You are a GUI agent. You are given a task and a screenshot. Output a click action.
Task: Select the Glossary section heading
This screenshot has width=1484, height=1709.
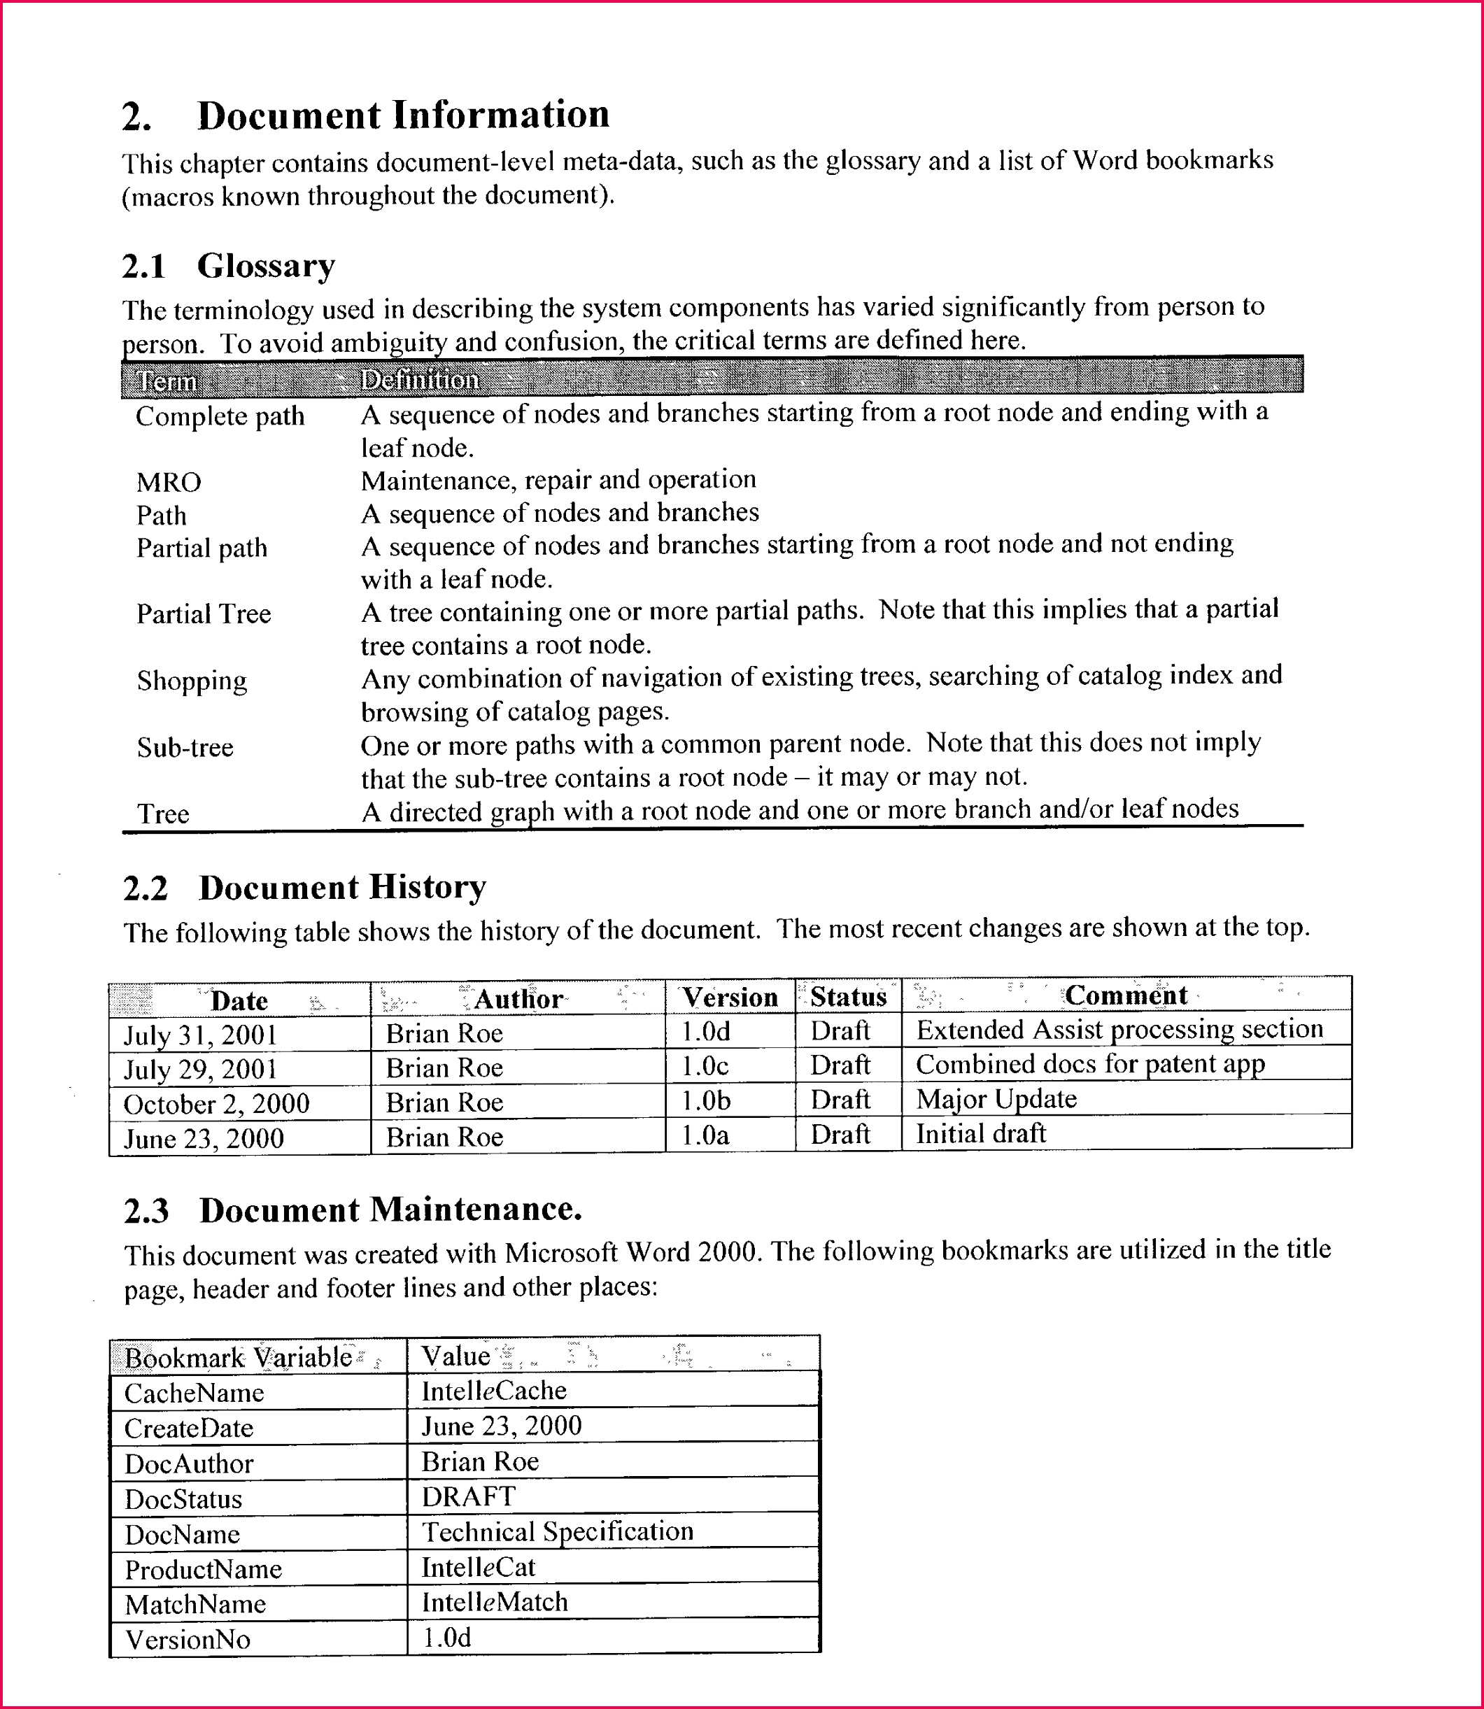coord(265,266)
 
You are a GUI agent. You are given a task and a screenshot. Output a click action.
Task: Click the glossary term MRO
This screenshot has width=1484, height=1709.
coord(169,482)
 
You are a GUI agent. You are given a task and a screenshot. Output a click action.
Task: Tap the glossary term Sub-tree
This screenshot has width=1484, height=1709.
coord(185,748)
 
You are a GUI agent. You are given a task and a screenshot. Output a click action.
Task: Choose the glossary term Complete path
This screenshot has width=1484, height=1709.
coord(220,416)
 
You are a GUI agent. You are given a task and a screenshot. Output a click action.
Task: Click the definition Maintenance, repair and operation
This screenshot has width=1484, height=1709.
coord(558,481)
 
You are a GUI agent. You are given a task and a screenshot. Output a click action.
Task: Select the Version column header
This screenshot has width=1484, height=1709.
coord(730,998)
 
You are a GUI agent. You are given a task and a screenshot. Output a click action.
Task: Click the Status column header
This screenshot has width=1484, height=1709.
coord(848,997)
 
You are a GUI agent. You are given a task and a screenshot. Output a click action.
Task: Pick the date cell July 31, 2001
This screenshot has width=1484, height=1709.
coord(200,1035)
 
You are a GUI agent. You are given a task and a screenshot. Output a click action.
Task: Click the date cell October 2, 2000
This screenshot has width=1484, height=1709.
coord(216,1104)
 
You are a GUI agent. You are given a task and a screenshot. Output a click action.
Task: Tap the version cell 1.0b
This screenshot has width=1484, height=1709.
coord(705,1101)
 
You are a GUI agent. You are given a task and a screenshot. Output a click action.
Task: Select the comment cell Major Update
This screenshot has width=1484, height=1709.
coord(996,1099)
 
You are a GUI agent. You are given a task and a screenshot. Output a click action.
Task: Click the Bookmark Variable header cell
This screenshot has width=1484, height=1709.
coord(239,1358)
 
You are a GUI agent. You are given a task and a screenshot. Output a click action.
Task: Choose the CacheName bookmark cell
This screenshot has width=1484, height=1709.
coord(194,1394)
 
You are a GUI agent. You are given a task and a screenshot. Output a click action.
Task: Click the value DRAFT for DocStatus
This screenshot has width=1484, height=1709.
coord(469,1497)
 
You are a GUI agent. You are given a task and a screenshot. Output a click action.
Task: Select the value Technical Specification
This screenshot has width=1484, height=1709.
coord(558,1532)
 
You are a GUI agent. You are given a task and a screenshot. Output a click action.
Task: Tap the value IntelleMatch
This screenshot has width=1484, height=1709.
coord(495,1602)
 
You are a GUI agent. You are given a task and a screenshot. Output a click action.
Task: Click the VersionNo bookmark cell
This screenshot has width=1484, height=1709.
coord(188,1640)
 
